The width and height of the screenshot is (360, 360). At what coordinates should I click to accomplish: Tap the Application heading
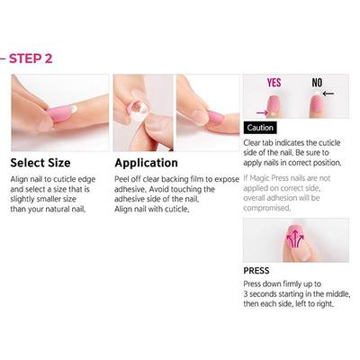(x=147, y=163)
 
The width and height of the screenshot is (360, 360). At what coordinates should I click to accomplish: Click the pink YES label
(x=274, y=83)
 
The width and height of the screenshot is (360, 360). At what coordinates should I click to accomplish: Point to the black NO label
(x=318, y=83)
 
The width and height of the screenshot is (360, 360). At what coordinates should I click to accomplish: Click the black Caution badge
(x=260, y=128)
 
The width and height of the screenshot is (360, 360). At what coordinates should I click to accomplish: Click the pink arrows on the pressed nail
(x=294, y=238)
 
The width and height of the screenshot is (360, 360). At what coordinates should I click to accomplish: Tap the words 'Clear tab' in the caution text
(x=261, y=141)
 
